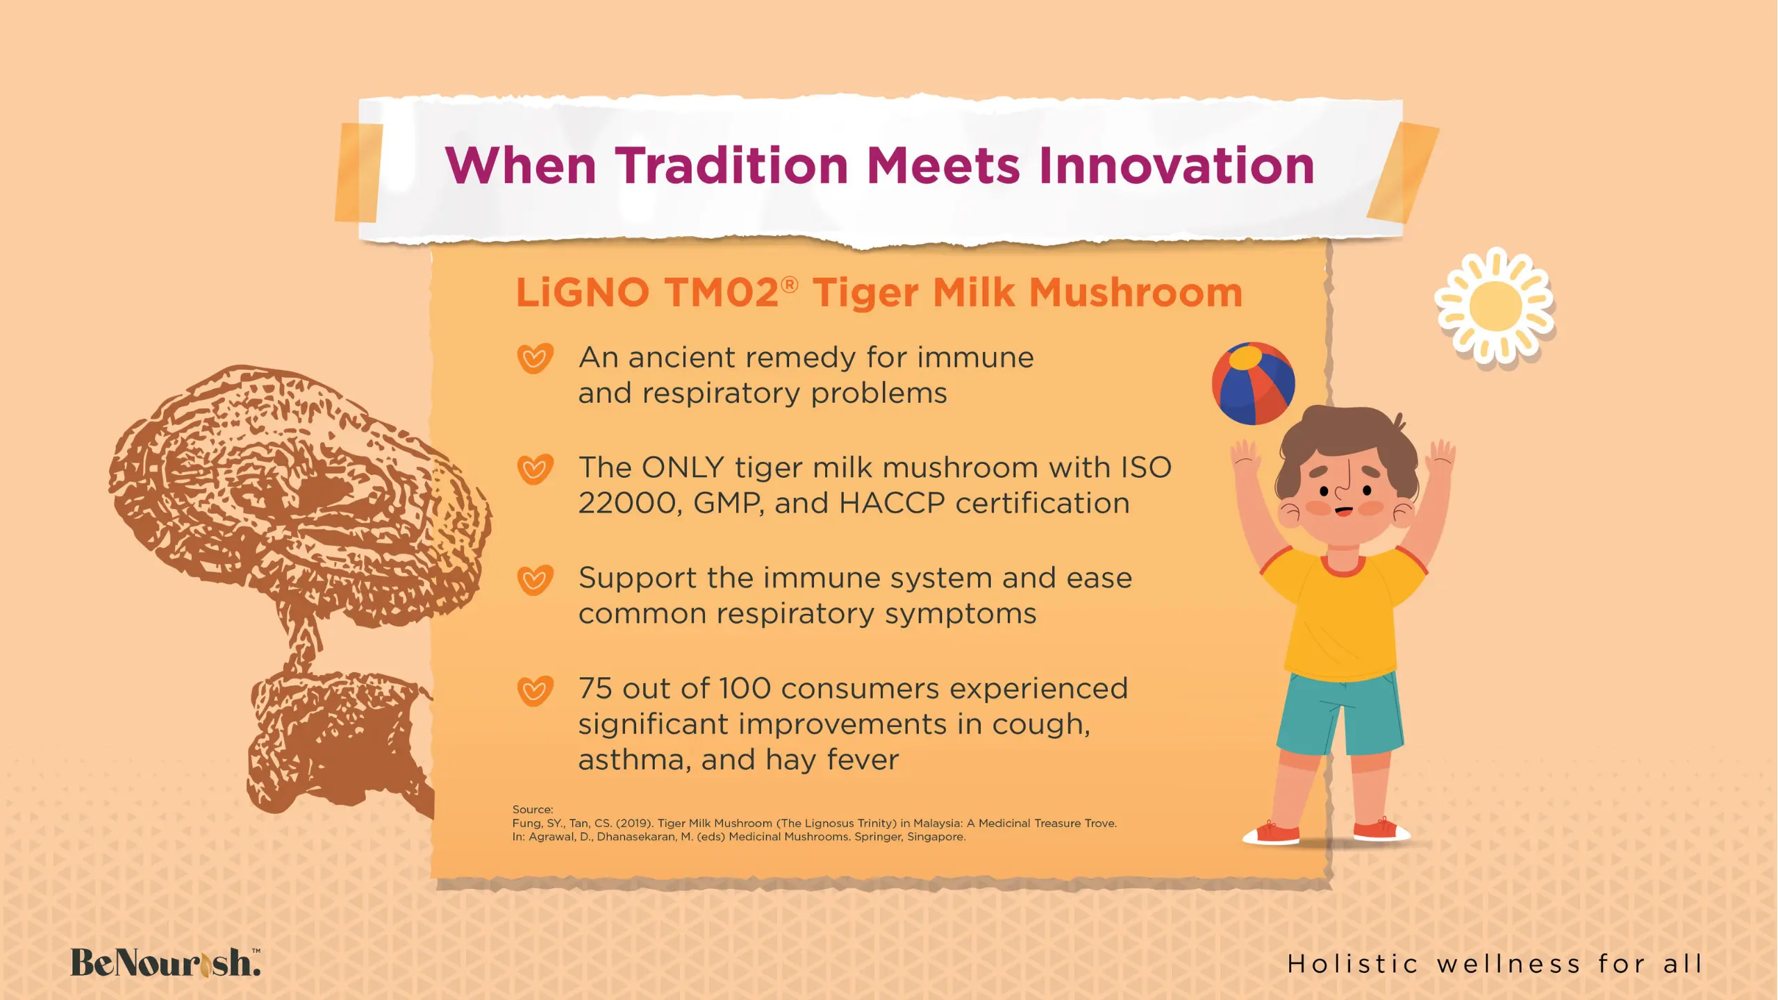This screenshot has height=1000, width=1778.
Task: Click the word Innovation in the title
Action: coord(1176,166)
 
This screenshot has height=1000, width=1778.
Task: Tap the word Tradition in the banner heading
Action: coord(732,166)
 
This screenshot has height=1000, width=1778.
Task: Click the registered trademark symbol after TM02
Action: coord(789,284)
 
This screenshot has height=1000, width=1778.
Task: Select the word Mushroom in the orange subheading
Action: coord(1136,292)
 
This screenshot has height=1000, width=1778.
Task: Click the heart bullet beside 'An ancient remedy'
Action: coord(535,358)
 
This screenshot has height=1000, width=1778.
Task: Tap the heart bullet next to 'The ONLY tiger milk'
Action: coord(535,469)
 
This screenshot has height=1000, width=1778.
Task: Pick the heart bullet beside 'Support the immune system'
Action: coord(535,579)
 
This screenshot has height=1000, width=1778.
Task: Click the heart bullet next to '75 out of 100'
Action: coord(535,690)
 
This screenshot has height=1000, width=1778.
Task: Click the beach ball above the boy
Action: coord(1253,383)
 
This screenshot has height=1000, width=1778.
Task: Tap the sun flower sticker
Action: coord(1495,306)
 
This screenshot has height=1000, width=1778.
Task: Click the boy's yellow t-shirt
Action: coord(1342,611)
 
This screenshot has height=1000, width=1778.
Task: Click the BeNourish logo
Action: coord(166,962)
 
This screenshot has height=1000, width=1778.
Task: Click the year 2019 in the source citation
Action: coord(635,824)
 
